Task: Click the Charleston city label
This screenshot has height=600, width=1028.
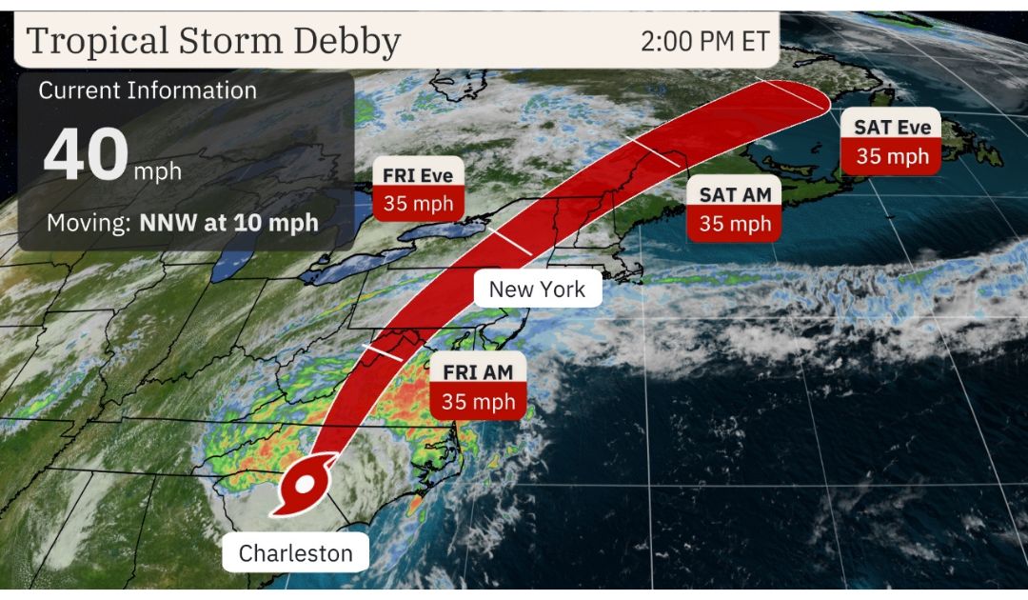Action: [x=295, y=553]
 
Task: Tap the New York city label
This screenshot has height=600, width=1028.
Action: [x=537, y=289]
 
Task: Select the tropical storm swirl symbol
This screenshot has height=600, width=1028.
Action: [x=302, y=487]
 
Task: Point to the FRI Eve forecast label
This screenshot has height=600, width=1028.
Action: [x=418, y=174]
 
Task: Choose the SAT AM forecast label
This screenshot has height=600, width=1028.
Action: [x=734, y=194]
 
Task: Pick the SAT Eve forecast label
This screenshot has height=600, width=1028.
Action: [x=891, y=126]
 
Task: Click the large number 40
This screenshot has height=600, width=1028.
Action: [x=85, y=156]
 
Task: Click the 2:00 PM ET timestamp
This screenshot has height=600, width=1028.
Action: [x=704, y=41]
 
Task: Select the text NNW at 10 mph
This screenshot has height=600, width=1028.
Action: [x=229, y=225]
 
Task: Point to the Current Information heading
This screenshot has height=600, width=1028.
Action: [x=148, y=90]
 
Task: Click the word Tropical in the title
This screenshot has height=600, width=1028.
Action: [x=85, y=42]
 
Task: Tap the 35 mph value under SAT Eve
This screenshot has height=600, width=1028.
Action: [x=891, y=155]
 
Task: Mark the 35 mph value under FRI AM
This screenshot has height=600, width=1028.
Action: [x=478, y=402]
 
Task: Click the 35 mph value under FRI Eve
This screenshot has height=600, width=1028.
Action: [x=418, y=203]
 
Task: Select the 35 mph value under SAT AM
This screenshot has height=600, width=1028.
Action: [x=734, y=224]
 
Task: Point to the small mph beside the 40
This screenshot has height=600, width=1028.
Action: [x=157, y=172]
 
